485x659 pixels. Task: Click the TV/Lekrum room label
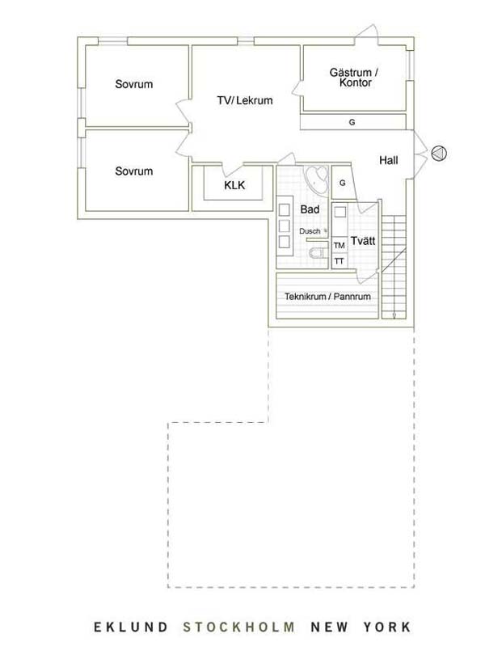245,100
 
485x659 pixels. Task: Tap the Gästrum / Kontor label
354,78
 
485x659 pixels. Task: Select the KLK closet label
234,185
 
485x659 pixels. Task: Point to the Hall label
388,160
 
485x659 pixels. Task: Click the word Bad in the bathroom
310,209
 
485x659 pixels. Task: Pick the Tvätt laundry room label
363,241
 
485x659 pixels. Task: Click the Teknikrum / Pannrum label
327,296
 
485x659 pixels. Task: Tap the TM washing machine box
339,245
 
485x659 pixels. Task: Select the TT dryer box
339,261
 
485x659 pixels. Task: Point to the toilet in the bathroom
318,253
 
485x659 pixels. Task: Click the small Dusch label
310,231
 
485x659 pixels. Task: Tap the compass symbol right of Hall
439,153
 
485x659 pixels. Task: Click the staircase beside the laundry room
394,267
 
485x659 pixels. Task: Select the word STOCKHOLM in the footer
238,627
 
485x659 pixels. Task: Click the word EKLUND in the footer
130,627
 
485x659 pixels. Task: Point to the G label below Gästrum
352,122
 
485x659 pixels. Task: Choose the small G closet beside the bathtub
343,183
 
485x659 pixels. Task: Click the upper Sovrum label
134,84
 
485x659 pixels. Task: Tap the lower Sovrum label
134,171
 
